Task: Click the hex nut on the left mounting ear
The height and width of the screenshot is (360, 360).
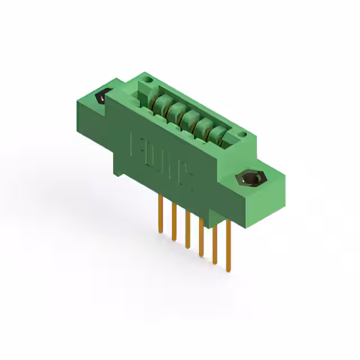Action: coord(101,97)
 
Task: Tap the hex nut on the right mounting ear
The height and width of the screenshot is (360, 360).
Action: coord(250,180)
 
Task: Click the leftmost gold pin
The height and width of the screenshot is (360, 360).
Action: coord(160,214)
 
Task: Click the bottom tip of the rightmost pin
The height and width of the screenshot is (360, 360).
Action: coord(228,271)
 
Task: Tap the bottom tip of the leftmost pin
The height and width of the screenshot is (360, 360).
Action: coord(160,232)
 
